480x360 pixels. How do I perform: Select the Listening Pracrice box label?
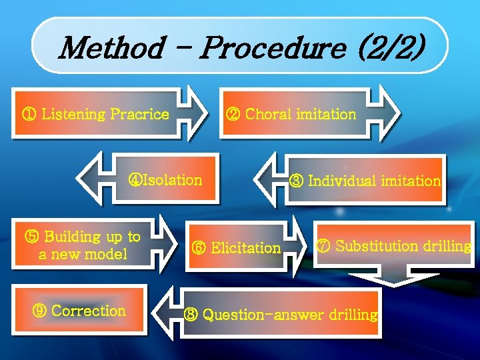(105, 114)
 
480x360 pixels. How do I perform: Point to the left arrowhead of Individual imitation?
(270, 178)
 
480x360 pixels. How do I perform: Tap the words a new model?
(83, 254)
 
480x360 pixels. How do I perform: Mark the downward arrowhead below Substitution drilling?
(395, 278)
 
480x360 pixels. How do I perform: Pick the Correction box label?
(88, 311)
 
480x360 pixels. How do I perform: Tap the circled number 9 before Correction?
(40, 311)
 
